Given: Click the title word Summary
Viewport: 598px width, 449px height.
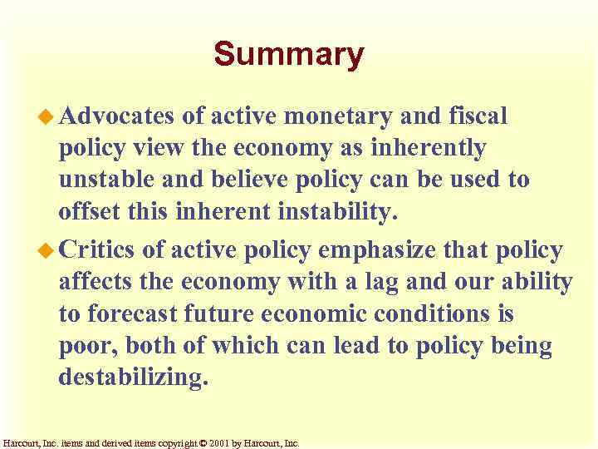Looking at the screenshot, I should [288, 55].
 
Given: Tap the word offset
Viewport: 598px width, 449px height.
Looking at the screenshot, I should [88, 213].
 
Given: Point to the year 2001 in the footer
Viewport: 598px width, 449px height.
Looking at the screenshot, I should [218, 443].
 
